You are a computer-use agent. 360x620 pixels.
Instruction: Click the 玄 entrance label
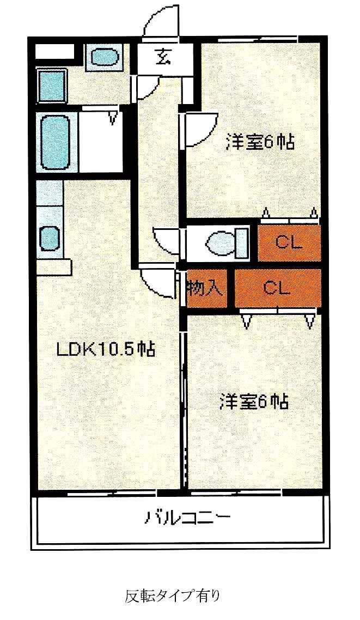click(162, 56)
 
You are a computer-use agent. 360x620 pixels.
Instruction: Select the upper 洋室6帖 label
click(260, 143)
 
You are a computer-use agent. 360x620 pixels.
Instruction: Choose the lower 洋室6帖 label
click(254, 403)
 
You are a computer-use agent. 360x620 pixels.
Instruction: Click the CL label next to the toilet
click(288, 242)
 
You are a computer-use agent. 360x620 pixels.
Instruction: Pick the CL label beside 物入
click(276, 288)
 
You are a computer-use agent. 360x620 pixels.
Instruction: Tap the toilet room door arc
click(166, 240)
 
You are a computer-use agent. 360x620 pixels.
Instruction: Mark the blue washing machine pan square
click(51, 86)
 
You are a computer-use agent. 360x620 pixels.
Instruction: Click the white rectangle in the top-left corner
click(54, 52)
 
